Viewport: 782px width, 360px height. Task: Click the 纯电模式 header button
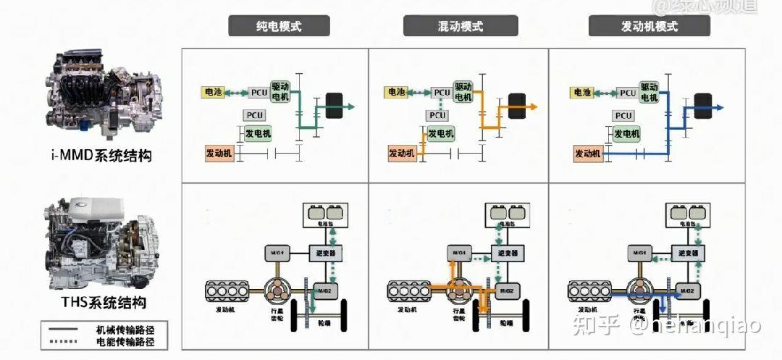point(279,27)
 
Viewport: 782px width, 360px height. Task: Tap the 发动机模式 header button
point(649,27)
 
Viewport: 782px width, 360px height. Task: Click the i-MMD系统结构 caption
point(101,156)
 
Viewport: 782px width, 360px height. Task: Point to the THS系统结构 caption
point(101,303)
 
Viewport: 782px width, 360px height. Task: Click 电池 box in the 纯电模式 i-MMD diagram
point(214,92)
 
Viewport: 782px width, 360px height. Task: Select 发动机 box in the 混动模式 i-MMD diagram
point(402,154)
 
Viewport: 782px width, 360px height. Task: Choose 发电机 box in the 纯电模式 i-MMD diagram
point(258,134)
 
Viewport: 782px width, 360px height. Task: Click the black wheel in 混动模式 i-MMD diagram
point(516,106)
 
